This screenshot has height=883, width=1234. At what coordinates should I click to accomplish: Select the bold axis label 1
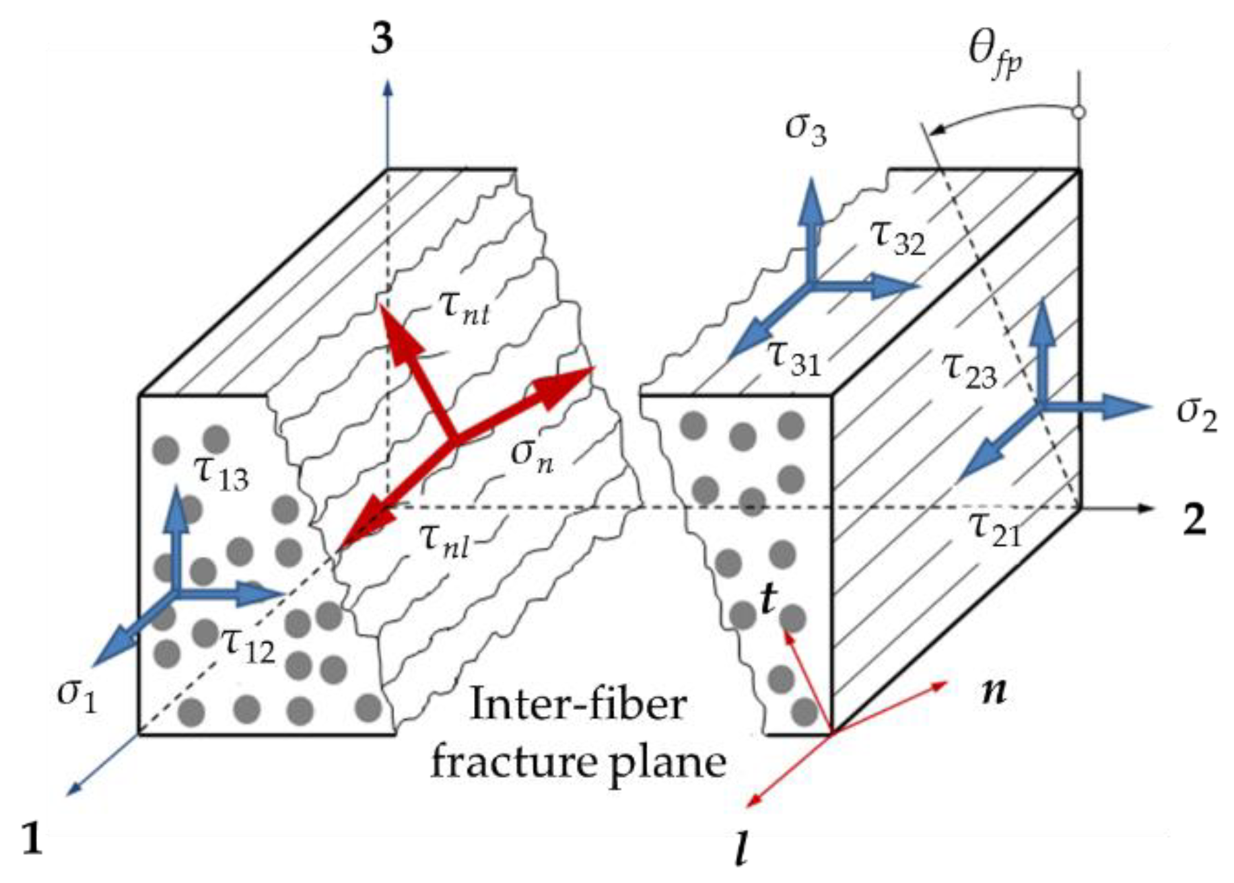point(32,839)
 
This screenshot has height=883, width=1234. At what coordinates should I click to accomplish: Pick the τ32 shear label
point(898,238)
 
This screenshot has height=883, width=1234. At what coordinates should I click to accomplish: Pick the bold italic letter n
point(994,691)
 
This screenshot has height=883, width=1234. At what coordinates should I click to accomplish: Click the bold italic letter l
point(741,851)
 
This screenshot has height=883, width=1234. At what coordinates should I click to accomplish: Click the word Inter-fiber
point(578,705)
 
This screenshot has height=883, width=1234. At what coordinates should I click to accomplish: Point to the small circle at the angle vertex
point(1079,112)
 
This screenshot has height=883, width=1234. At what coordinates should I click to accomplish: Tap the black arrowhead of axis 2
point(1145,508)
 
